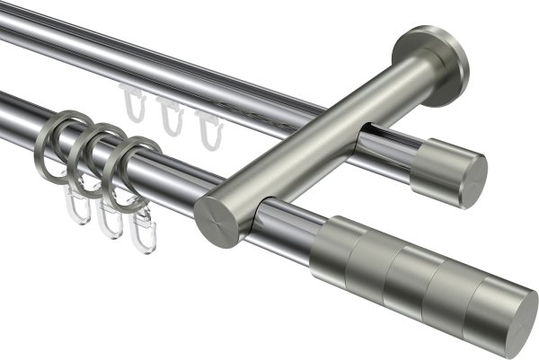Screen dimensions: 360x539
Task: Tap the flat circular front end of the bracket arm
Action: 216,221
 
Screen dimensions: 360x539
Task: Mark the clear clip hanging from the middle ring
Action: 110,220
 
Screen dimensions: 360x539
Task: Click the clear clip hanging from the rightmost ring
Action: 142,235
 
